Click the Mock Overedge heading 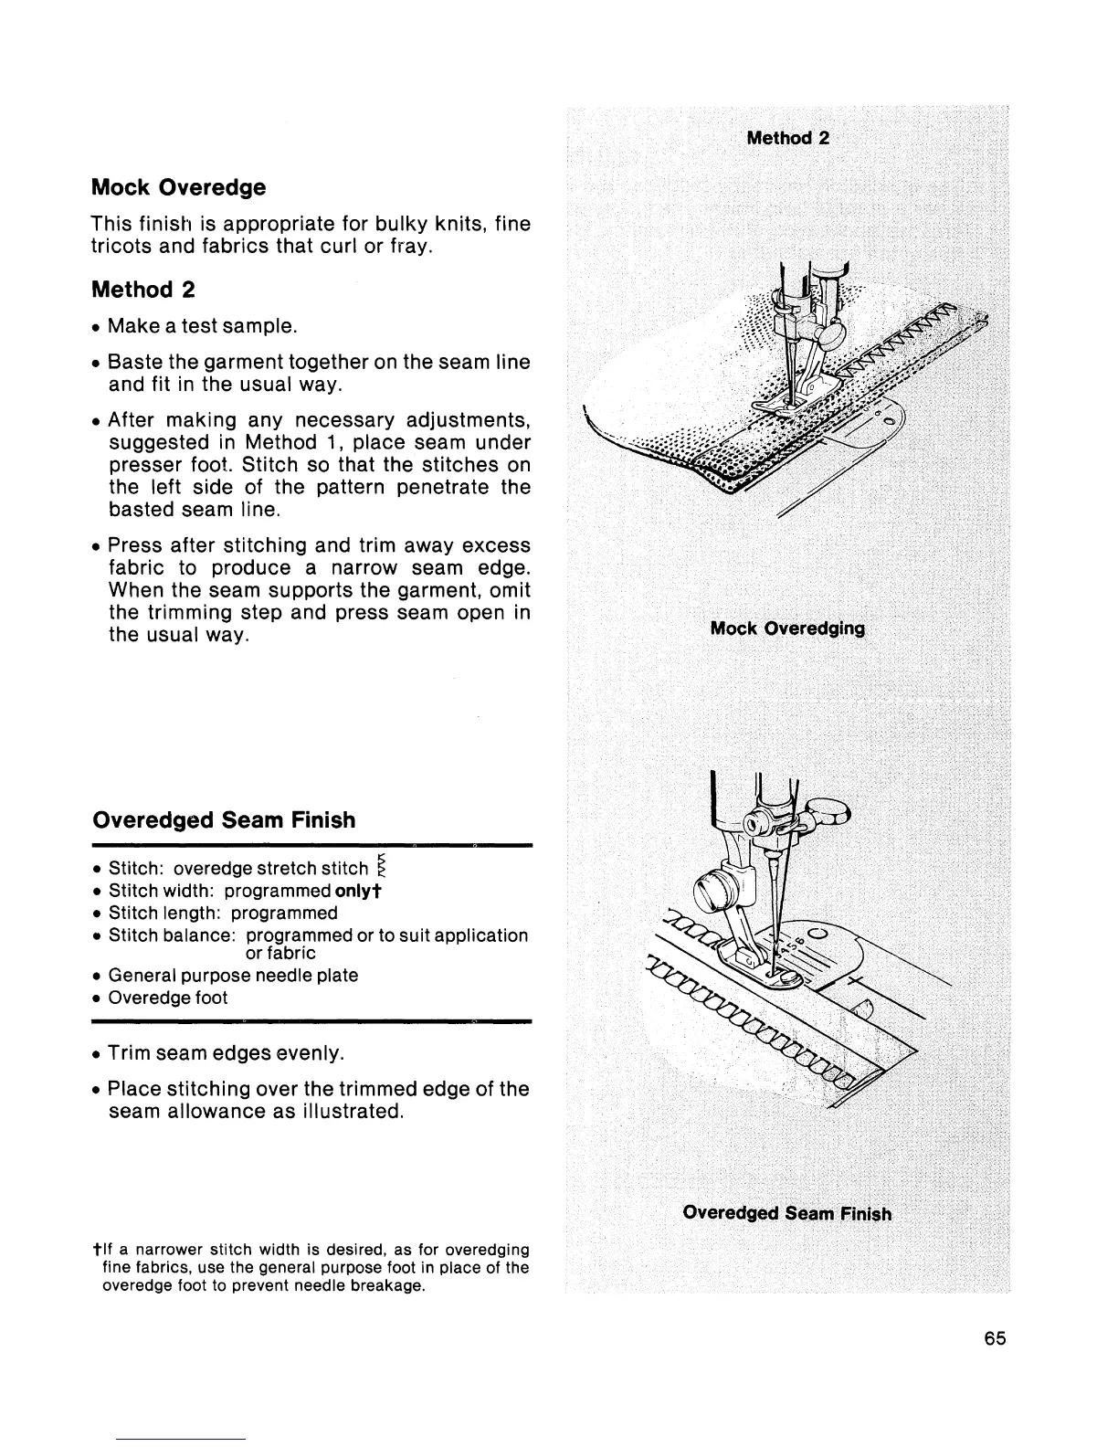tap(179, 188)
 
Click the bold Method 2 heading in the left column tap(143, 290)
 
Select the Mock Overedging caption tap(787, 628)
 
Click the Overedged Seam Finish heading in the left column tap(224, 820)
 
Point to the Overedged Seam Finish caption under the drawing tap(786, 1213)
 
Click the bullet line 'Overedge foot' tap(167, 998)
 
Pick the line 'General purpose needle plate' tap(233, 975)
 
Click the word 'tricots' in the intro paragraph tap(124, 248)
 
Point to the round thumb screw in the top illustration tap(832, 335)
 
